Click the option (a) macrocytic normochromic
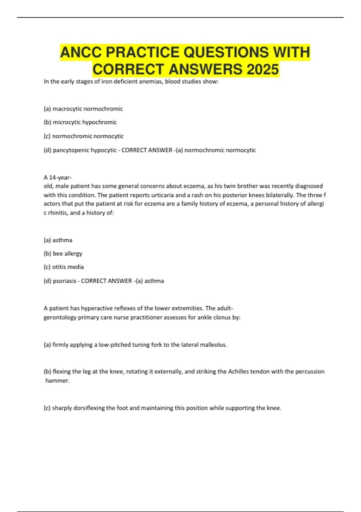(x=83, y=109)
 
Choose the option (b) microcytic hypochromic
(x=80, y=122)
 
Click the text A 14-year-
(x=57, y=177)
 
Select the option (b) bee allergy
(x=63, y=254)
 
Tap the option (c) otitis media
(x=64, y=267)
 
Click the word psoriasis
(x=64, y=281)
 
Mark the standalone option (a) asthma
(x=58, y=240)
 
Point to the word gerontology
(x=60, y=317)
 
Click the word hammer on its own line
(x=57, y=380)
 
